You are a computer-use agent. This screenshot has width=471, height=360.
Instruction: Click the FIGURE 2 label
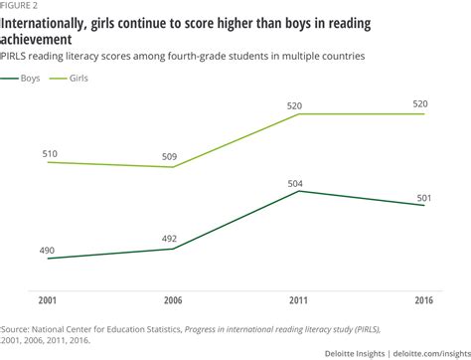click(x=23, y=4)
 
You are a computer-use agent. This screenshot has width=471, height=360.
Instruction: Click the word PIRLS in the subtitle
click(x=17, y=57)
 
